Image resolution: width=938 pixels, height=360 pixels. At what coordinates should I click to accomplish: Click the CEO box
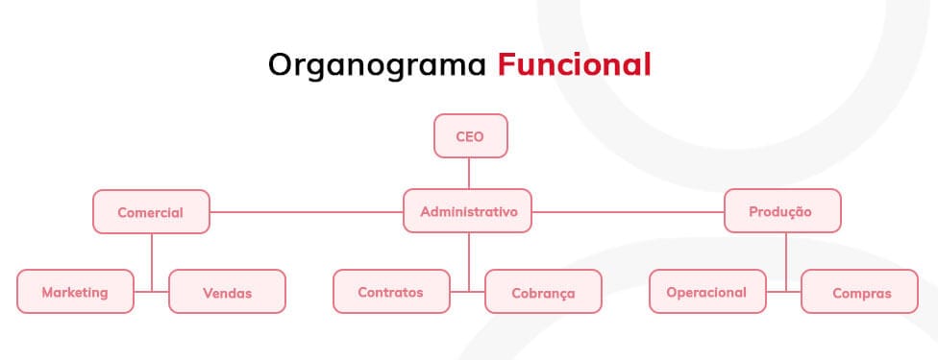[x=470, y=135]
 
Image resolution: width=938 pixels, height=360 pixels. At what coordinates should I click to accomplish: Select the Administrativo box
[x=467, y=210]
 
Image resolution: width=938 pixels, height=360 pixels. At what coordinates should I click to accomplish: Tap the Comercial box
[x=151, y=212]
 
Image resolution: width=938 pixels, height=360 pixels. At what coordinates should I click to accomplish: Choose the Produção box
[x=782, y=210]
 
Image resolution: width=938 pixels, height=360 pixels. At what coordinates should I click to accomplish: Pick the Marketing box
[x=75, y=291]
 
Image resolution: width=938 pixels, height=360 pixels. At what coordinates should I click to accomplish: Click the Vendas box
[x=228, y=291]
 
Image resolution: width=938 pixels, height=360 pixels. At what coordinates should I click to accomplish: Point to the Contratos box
[x=391, y=291]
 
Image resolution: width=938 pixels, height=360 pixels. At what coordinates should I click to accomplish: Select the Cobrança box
[x=543, y=291]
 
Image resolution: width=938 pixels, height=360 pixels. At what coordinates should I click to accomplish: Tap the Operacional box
[x=707, y=291]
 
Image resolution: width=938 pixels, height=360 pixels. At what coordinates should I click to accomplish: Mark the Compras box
[x=859, y=291]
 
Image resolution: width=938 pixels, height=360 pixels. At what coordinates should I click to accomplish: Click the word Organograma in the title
[x=377, y=65]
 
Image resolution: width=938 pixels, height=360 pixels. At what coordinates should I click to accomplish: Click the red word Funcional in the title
[x=575, y=64]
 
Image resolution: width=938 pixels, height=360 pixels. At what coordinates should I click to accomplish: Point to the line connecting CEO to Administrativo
[x=468, y=174]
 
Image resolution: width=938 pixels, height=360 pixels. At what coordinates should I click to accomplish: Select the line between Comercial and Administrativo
[x=307, y=212]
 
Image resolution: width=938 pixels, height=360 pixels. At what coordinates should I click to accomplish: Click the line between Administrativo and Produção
[x=629, y=212]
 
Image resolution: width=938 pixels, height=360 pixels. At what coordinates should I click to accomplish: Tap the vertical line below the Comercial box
[x=151, y=262]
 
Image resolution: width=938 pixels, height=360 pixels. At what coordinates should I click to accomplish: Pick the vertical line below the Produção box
[x=785, y=262]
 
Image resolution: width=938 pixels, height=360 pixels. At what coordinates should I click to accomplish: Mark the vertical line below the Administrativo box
[x=468, y=262]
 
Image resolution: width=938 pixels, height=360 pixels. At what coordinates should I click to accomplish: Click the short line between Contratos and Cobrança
[x=467, y=292]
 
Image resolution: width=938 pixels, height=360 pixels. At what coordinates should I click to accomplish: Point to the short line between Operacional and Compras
[x=783, y=292]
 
